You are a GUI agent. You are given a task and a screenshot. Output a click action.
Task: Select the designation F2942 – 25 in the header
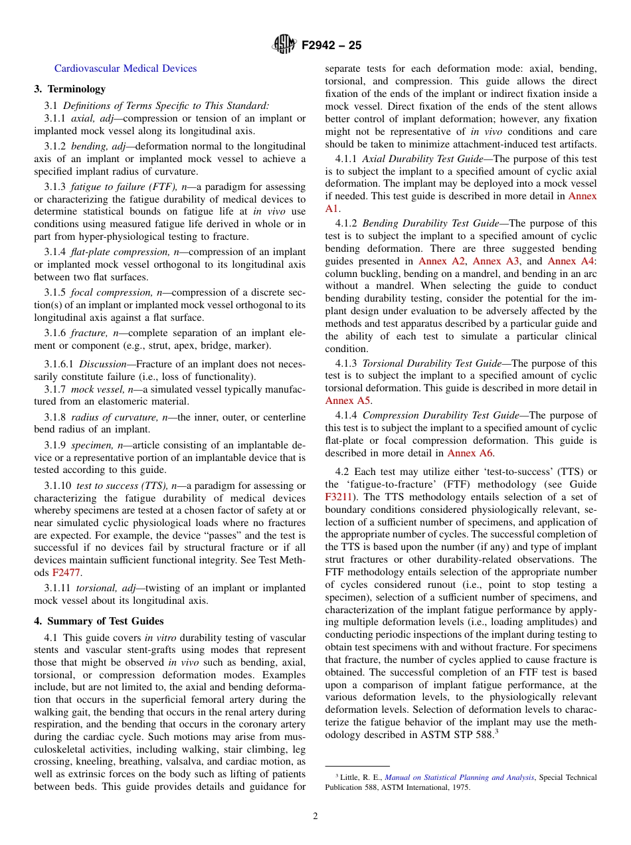click(331, 46)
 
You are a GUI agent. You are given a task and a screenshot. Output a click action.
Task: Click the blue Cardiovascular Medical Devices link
click(126, 68)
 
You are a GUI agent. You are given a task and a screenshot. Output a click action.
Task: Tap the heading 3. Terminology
click(70, 89)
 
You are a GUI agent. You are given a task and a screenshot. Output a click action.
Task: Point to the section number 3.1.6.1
click(60, 364)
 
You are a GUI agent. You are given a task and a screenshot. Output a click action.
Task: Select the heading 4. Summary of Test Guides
click(99, 621)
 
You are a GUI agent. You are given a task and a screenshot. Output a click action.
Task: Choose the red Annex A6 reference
click(470, 453)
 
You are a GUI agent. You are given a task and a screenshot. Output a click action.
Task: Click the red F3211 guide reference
click(338, 497)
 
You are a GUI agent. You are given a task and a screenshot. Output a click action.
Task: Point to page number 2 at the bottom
click(315, 816)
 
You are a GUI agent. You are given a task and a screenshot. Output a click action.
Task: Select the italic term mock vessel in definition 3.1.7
click(92, 389)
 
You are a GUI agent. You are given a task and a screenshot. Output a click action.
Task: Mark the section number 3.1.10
click(58, 486)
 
